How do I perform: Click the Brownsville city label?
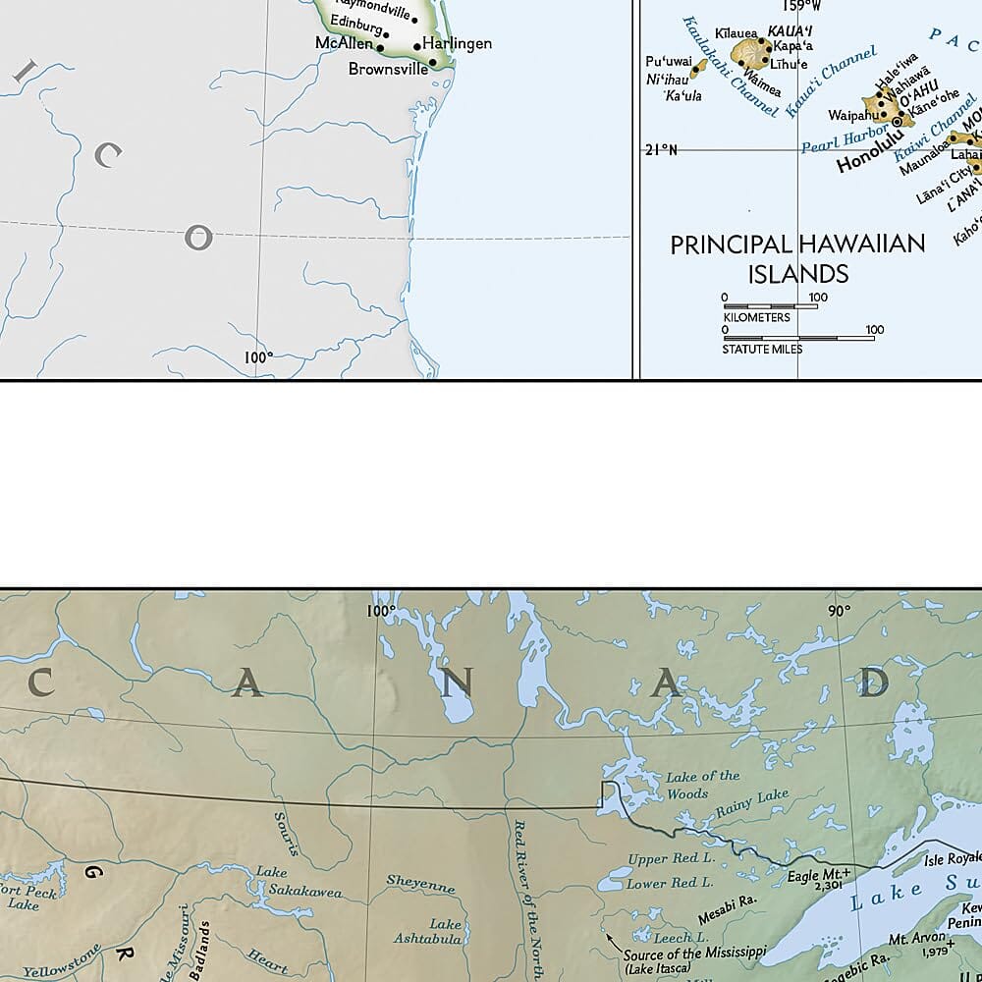[x=388, y=70]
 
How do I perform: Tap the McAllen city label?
[x=344, y=43]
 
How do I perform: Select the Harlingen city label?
[x=457, y=43]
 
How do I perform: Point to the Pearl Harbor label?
[x=835, y=136]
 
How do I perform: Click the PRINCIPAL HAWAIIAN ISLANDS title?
[x=797, y=258]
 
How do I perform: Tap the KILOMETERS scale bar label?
[x=756, y=317]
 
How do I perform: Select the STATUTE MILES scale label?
[x=762, y=349]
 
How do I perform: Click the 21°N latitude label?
[x=661, y=149]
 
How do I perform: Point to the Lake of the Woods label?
[x=702, y=784]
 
